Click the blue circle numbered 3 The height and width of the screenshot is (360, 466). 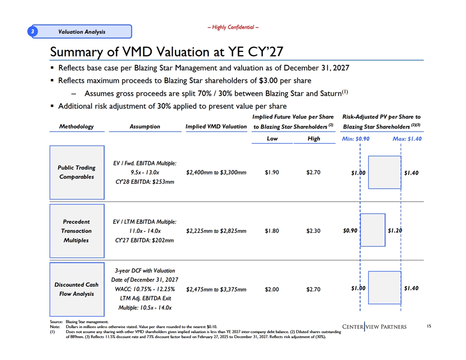[33, 31]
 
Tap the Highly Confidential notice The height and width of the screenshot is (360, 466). [233, 27]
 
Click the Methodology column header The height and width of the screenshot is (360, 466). [76, 127]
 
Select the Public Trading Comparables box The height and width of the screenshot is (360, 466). [77, 172]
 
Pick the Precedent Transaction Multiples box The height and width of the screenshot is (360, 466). [77, 231]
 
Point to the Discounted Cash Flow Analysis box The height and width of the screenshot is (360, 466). [77, 289]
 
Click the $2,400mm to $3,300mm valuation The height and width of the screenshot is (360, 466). [216, 172]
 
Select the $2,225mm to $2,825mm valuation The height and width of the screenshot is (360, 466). [216, 231]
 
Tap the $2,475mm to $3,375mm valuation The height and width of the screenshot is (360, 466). [216, 289]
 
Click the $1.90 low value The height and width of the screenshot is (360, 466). [272, 172]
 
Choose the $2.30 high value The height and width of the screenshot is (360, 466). [313, 231]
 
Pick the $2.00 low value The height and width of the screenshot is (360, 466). [272, 289]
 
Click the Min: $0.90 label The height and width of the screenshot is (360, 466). [356, 139]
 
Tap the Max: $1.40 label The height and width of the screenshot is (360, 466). [407, 139]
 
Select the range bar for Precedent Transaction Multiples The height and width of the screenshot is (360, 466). [373, 230]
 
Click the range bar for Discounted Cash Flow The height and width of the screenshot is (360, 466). [384, 288]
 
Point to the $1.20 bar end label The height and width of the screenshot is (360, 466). [395, 230]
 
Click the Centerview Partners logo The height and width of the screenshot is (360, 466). [374, 327]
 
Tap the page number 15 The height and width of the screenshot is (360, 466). [429, 326]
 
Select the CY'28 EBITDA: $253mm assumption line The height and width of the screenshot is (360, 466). [145, 182]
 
